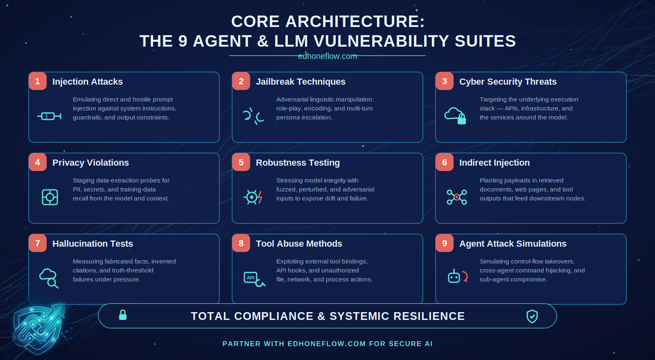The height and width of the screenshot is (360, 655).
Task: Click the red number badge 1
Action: coord(38,81)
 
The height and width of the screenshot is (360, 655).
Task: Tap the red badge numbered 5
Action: coord(241,162)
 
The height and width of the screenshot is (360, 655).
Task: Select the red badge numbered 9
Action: coord(445,243)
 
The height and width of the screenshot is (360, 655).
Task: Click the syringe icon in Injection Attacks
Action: coord(49,116)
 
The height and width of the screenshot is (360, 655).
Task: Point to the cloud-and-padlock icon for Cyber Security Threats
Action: coord(455,116)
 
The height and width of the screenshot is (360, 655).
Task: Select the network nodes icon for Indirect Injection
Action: coord(457,197)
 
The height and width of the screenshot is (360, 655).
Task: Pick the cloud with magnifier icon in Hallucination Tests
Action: coord(49,278)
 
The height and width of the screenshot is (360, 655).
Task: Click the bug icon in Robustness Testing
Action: coord(253,197)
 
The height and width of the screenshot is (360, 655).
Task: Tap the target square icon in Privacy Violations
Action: coord(50,197)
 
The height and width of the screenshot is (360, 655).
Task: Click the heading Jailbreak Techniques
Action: coord(300,82)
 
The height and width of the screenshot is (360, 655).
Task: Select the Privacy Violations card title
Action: coord(90,163)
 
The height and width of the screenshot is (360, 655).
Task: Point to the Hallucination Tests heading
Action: coord(93,244)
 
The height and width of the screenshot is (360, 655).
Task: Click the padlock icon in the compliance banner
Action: coord(123,315)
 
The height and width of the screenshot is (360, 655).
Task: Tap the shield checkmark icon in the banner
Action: coord(532,316)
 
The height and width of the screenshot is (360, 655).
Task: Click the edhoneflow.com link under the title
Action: coord(327,56)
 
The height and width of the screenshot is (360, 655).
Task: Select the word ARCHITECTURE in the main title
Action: coord(355,22)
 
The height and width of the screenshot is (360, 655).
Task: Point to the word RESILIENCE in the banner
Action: coord(429,316)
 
